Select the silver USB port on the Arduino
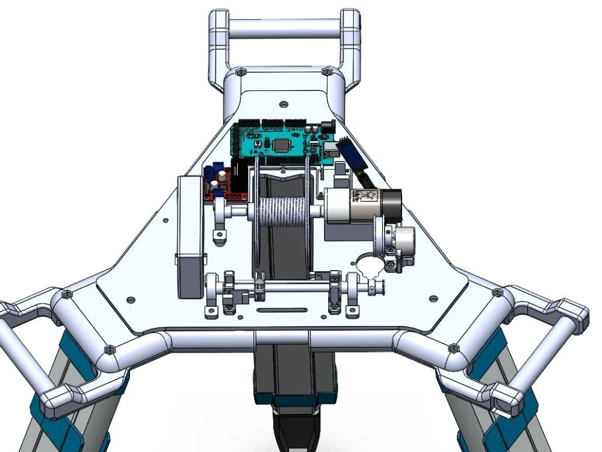pyautogui.click(x=330, y=151)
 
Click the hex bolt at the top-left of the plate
pyautogui.click(x=239, y=72)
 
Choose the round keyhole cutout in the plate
pyautogui.click(x=370, y=264)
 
